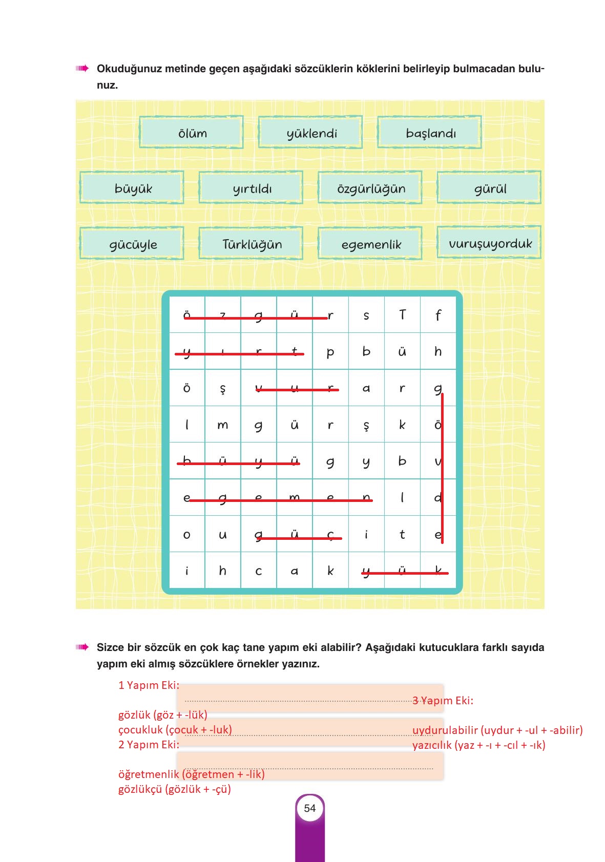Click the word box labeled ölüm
pyautogui.click(x=191, y=133)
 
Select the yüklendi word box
pyautogui.click(x=310, y=133)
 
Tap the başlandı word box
pyautogui.click(x=430, y=133)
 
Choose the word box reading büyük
pyautogui.click(x=132, y=188)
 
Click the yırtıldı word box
pyautogui.click(x=251, y=188)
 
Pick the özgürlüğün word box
pyautogui.click(x=370, y=188)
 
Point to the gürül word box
pyautogui.click(x=489, y=188)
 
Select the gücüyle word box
pyautogui.click(x=132, y=244)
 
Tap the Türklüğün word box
pyautogui.click(x=251, y=244)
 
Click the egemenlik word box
pyautogui.click(x=370, y=244)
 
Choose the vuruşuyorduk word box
pyautogui.click(x=489, y=243)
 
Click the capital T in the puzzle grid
pyautogui.click(x=402, y=315)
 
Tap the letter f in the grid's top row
pyautogui.click(x=438, y=315)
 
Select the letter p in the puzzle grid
pyautogui.click(x=330, y=352)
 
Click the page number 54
pyautogui.click(x=310, y=808)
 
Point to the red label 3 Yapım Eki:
pyautogui.click(x=443, y=700)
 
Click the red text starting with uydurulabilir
pyautogui.click(x=497, y=730)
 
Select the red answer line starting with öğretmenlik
pyautogui.click(x=191, y=774)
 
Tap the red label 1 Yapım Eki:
pyautogui.click(x=149, y=685)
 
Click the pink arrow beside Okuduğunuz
pyautogui.click(x=82, y=69)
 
